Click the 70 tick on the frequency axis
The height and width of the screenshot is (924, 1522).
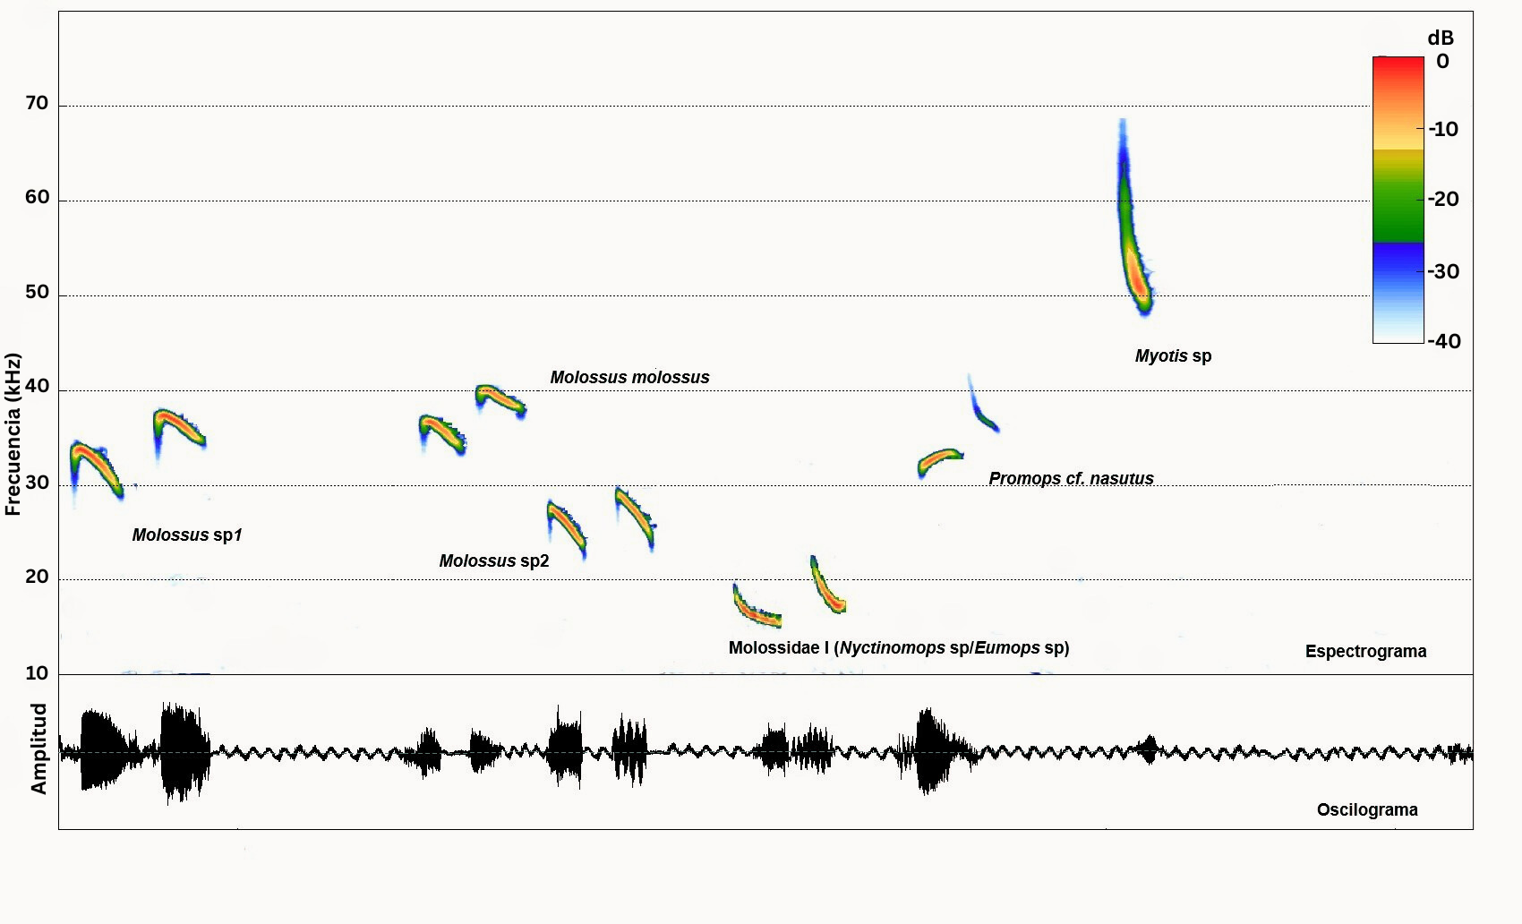[x=37, y=104]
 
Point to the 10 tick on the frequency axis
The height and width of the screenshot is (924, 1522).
[x=37, y=673]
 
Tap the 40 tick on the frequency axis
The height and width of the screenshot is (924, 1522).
[x=37, y=387]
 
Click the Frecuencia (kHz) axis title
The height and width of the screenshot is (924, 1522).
[x=13, y=434]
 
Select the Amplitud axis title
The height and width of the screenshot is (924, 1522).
[x=38, y=749]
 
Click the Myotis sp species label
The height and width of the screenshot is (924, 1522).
[x=1173, y=356]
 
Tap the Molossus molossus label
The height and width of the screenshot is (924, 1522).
[x=629, y=378]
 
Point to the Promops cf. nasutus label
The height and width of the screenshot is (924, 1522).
[x=1071, y=479]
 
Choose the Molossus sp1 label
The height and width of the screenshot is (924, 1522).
[x=187, y=535]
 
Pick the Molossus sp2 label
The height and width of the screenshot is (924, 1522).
[x=493, y=561]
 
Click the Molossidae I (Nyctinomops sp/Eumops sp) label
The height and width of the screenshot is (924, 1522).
[x=898, y=648]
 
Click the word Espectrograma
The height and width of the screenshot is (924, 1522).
[x=1365, y=652]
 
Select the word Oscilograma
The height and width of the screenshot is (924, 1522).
[x=1366, y=810]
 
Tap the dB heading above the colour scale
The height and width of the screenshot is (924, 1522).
[x=1440, y=38]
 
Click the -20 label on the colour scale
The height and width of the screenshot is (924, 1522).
[x=1443, y=200]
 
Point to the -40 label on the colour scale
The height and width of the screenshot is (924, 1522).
[x=1444, y=341]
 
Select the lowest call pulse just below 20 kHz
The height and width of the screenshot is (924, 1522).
[x=757, y=612]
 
